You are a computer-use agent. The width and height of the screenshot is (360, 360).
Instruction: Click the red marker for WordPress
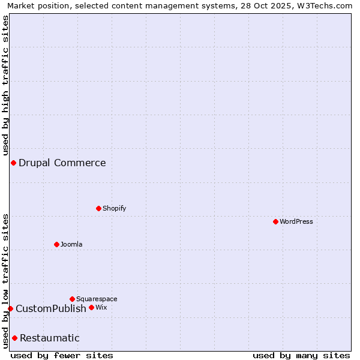coord(275,221)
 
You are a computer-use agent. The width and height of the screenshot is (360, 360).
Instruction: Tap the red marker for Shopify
coord(99,208)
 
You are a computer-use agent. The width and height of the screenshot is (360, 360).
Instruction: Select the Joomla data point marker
coord(57,244)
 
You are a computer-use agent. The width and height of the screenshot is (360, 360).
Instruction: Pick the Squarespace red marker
coord(73,299)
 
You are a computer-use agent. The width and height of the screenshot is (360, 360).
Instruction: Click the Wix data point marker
coord(92,307)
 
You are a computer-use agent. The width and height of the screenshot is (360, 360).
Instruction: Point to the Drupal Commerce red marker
coord(13,163)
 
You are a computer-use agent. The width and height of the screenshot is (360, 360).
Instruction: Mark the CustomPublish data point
coord(10,308)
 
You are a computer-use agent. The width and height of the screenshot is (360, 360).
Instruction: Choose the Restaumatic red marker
coord(14,338)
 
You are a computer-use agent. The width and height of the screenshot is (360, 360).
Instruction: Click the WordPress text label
coord(296,221)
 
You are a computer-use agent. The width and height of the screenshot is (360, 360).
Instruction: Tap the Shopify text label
coord(114,208)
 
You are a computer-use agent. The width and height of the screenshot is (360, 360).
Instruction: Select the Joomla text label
coord(71,244)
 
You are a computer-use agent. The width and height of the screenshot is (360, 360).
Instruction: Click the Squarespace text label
coord(97,299)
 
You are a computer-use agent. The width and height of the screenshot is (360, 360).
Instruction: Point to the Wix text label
coord(101,307)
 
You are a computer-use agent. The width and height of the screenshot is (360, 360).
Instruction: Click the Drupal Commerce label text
coord(62,163)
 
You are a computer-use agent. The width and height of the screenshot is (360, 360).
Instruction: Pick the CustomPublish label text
coord(51,308)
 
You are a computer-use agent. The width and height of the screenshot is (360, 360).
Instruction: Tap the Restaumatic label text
coord(50,338)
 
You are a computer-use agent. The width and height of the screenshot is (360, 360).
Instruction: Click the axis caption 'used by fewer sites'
coord(62,355)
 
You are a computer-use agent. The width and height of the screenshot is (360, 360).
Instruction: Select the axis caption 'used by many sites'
coord(301,355)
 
